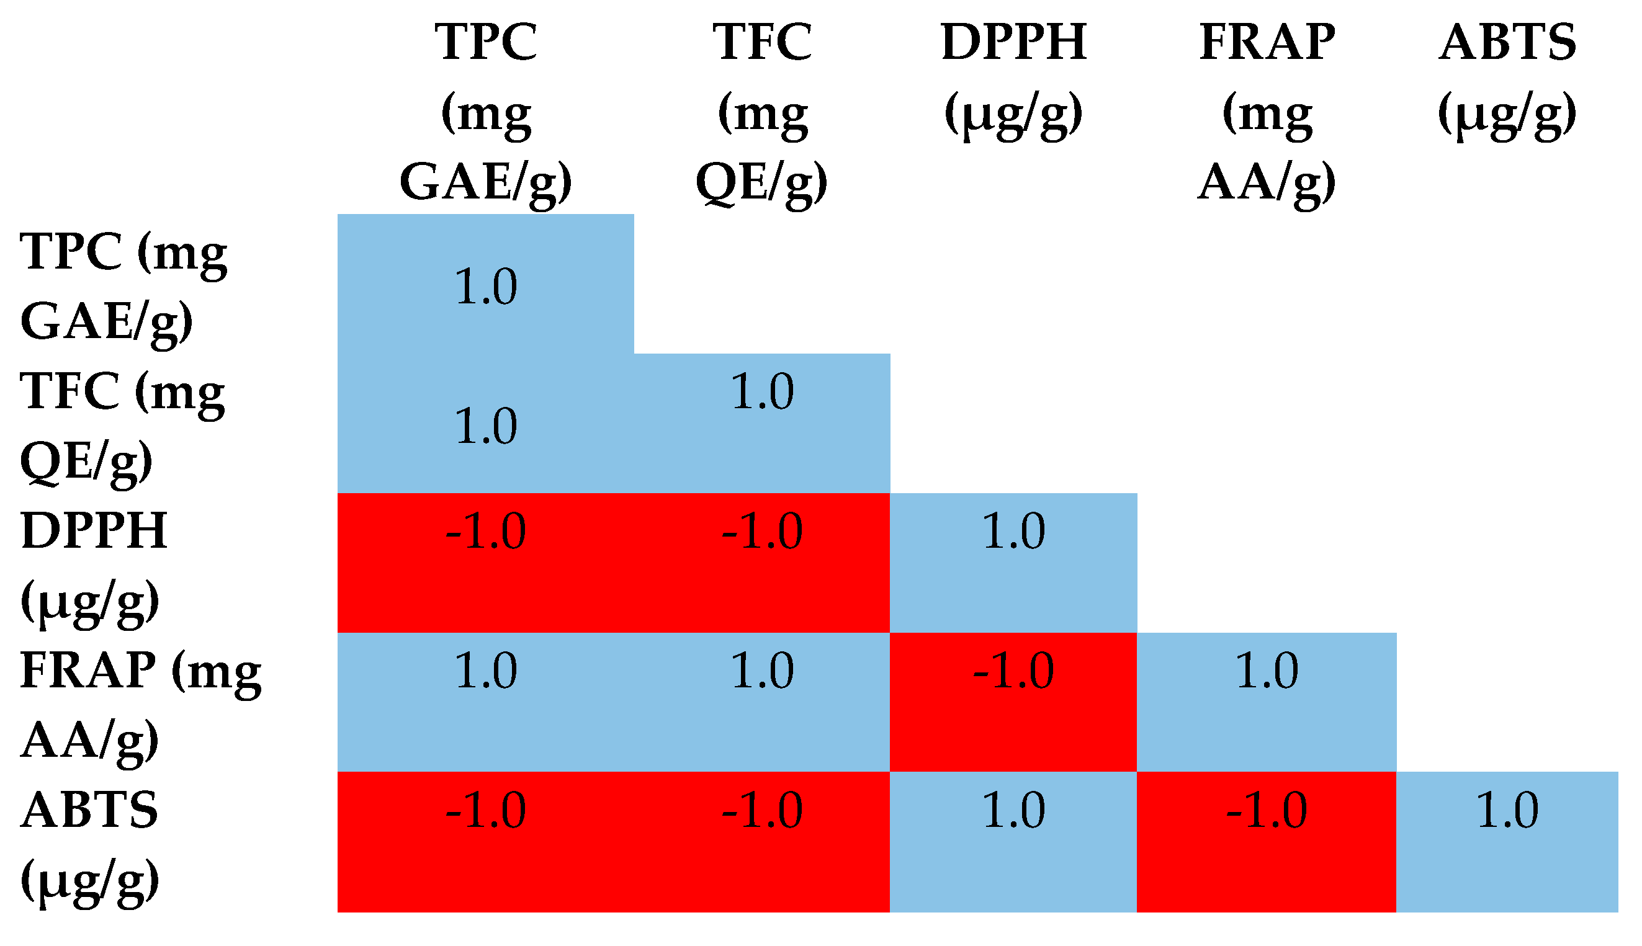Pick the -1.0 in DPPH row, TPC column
tap(485, 532)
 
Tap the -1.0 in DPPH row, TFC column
tap(762, 532)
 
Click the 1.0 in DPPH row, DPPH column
tap(1013, 532)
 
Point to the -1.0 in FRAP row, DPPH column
tap(1013, 671)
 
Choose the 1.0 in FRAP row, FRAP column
tap(1267, 671)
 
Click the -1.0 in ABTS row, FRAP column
tap(1267, 810)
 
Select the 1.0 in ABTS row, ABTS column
tap(1507, 810)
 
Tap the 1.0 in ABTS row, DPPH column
tap(1013, 810)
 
